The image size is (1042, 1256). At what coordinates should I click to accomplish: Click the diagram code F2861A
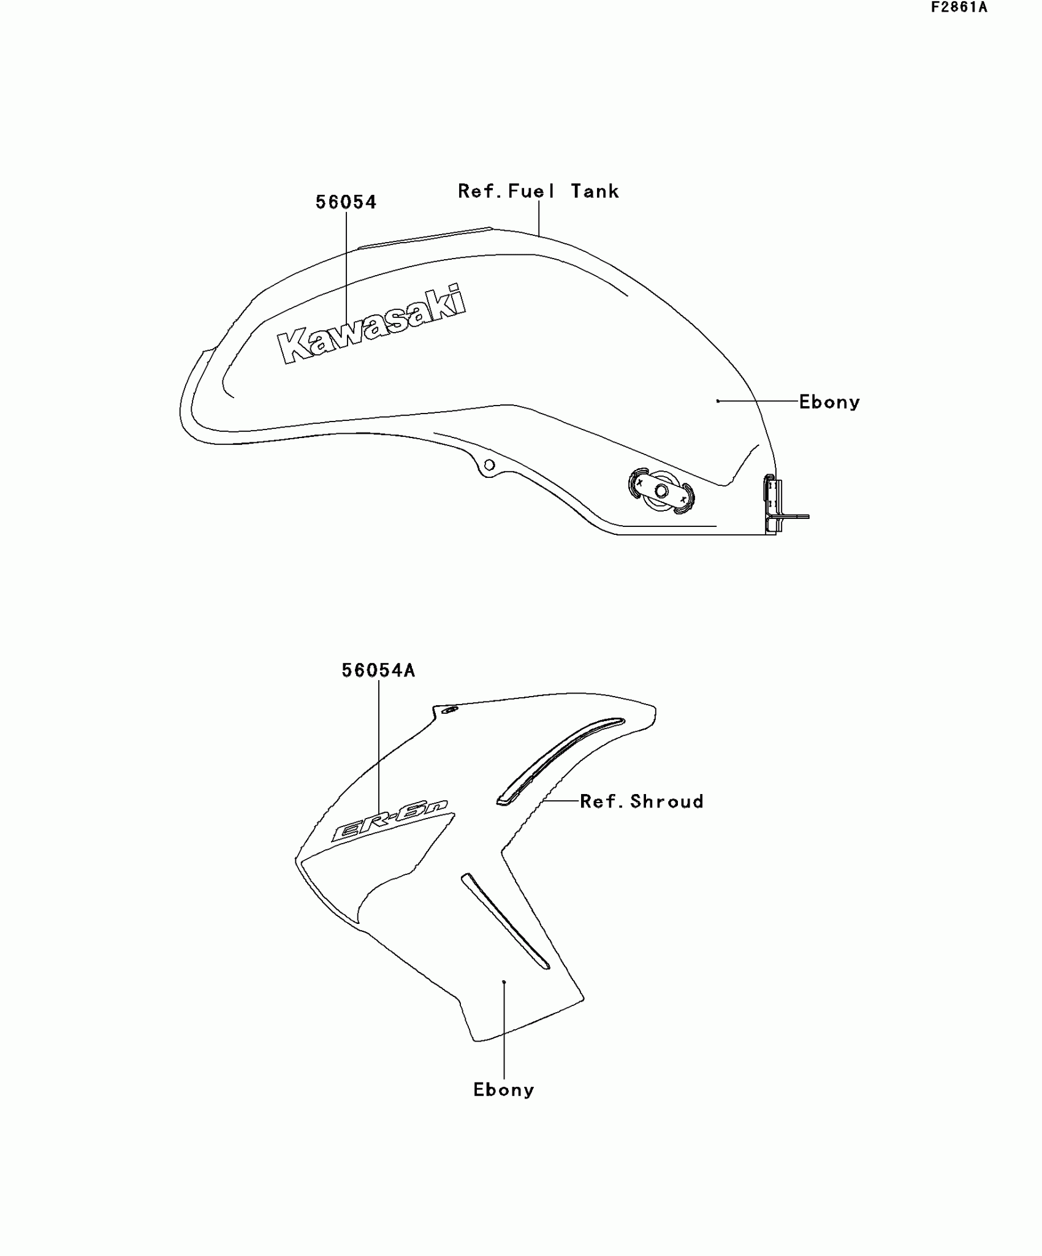pyautogui.click(x=959, y=8)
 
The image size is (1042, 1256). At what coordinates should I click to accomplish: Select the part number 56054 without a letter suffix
pyautogui.click(x=346, y=202)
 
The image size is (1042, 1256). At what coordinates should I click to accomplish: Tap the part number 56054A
pyautogui.click(x=378, y=671)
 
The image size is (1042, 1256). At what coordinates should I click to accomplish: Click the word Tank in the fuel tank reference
pyautogui.click(x=595, y=192)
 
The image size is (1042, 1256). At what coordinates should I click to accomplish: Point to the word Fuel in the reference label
pyautogui.click(x=531, y=192)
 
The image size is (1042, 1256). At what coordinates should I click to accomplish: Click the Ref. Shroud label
pyautogui.click(x=641, y=801)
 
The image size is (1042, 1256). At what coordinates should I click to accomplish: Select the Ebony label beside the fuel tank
pyautogui.click(x=829, y=403)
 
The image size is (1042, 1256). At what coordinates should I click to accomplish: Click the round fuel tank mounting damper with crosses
pyautogui.click(x=661, y=491)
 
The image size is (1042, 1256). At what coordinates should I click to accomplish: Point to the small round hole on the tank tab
pyautogui.click(x=489, y=465)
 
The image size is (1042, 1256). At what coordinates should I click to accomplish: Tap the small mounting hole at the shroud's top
pyautogui.click(x=450, y=710)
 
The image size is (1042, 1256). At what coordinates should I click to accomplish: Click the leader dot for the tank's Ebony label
pyautogui.click(x=718, y=401)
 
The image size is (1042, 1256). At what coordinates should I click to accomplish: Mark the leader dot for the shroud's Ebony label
pyautogui.click(x=504, y=982)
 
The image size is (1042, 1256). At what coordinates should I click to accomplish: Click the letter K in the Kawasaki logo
pyautogui.click(x=293, y=347)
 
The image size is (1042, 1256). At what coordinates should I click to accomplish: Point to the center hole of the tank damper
pyautogui.click(x=661, y=491)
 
